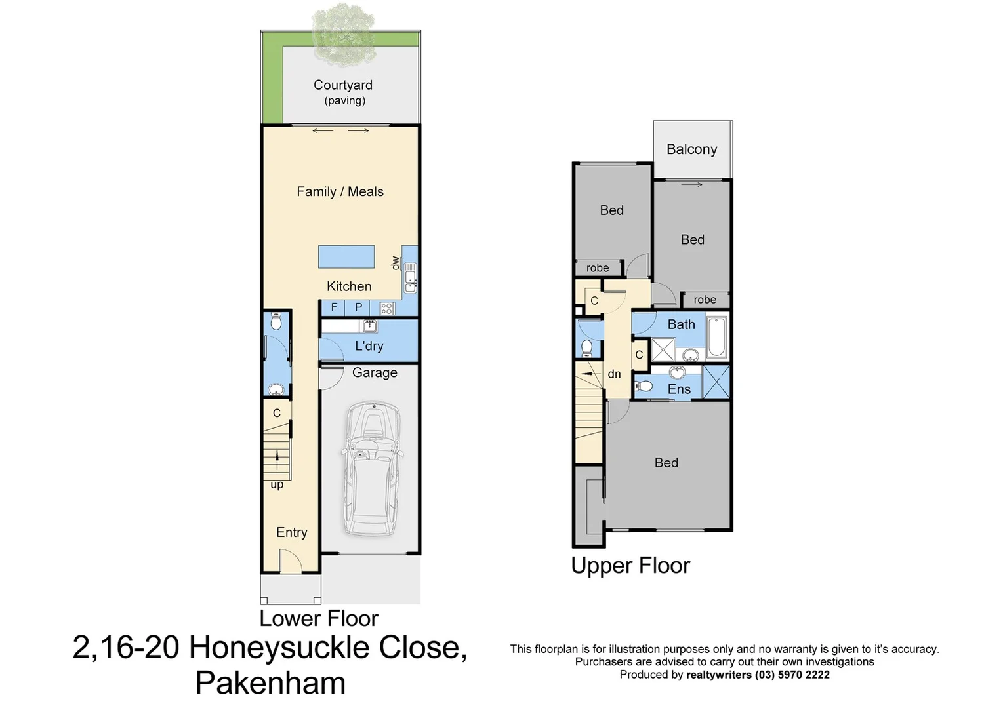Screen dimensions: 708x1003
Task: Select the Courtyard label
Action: [343, 85]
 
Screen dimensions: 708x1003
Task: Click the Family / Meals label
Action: [340, 191]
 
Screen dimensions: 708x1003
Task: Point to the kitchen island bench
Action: [346, 256]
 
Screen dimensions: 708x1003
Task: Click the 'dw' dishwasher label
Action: [395, 263]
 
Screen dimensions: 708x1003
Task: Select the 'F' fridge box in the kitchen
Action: [334, 307]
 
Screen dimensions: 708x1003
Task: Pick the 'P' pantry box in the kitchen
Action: [359, 307]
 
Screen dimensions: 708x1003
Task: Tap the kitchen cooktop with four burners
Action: [386, 307]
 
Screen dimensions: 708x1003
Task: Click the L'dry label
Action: [369, 346]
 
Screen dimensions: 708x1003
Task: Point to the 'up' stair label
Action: [277, 485]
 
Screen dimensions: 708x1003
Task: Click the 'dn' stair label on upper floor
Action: [614, 374]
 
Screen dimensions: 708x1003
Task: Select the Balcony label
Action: [691, 149]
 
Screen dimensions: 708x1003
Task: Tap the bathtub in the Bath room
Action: [716, 336]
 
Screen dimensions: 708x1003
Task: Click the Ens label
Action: [679, 389]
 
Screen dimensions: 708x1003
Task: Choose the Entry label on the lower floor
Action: [291, 532]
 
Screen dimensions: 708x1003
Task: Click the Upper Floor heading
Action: [630, 566]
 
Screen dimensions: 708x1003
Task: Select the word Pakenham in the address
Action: [270, 683]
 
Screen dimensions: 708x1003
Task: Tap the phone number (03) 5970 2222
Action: [792, 675]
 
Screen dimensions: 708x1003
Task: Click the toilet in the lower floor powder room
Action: [276, 321]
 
